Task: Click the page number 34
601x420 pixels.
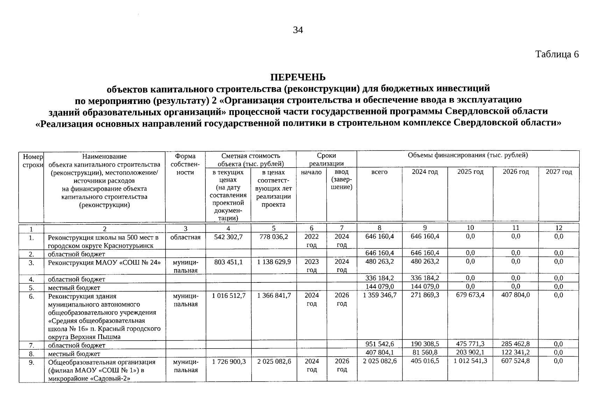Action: pyautogui.click(x=298, y=30)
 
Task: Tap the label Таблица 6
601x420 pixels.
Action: pyautogui.click(x=557, y=54)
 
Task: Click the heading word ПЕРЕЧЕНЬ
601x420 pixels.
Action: pyautogui.click(x=298, y=77)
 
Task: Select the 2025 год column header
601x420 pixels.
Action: pyautogui.click(x=470, y=172)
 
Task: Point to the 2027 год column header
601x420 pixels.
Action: pyautogui.click(x=559, y=172)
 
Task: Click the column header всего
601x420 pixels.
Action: pyautogui.click(x=379, y=172)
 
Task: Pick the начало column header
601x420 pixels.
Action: pyautogui.click(x=311, y=172)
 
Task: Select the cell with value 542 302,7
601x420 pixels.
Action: pyautogui.click(x=228, y=237)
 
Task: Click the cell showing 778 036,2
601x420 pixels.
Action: pyautogui.click(x=274, y=237)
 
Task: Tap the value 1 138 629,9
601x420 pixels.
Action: pyautogui.click(x=274, y=262)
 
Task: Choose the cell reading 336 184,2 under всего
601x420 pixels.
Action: pyautogui.click(x=379, y=278)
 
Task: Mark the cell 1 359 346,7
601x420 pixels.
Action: pyautogui.click(x=379, y=295)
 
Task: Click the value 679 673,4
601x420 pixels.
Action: pyautogui.click(x=470, y=295)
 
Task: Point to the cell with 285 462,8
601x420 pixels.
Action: pyautogui.click(x=515, y=344)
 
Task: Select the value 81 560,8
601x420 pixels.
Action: pyautogui.click(x=425, y=352)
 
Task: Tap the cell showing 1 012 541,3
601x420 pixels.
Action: pyautogui.click(x=470, y=361)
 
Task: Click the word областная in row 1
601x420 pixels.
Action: pyautogui.click(x=185, y=237)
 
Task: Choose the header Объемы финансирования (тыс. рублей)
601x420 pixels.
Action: pyautogui.click(x=468, y=155)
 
